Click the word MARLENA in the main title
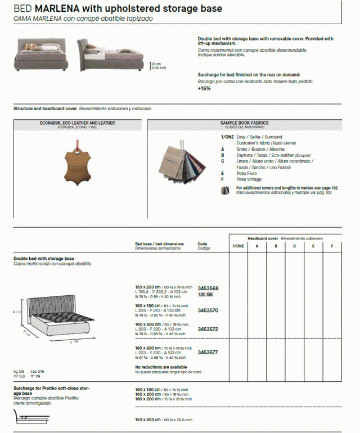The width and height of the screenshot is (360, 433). point(50,9)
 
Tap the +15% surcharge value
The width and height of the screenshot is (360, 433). point(204,88)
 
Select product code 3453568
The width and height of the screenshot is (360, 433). point(208,288)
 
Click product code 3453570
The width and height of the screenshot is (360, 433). point(208,310)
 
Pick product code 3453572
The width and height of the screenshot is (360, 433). point(208,330)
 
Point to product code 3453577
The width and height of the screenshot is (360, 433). point(208,353)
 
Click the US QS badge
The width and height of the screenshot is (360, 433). point(205,295)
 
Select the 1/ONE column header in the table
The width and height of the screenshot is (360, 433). point(238,246)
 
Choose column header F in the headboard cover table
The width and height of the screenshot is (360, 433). point(332,246)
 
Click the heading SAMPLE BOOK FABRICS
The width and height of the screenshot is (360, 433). point(244,123)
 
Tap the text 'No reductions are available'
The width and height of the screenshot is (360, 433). point(161,367)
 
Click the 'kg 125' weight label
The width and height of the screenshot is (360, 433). point(19,372)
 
